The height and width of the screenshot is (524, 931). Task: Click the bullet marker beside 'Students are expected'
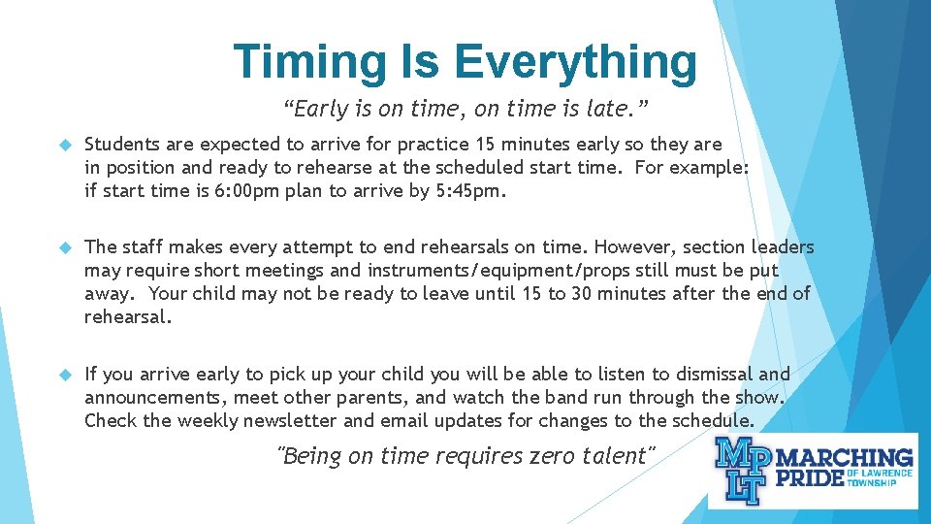pos(66,145)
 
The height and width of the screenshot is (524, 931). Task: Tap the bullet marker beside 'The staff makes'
pos(66,247)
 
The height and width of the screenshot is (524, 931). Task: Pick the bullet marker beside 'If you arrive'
pos(66,375)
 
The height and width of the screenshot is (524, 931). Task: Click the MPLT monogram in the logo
pos(742,471)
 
